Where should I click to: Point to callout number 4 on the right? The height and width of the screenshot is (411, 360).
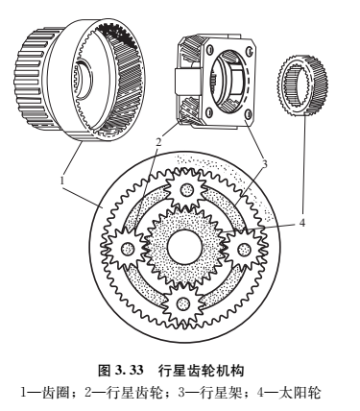pos(302,223)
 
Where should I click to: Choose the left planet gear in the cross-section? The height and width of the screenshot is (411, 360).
pos(124,247)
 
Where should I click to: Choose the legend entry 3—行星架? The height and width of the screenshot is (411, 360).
pos(209,393)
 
